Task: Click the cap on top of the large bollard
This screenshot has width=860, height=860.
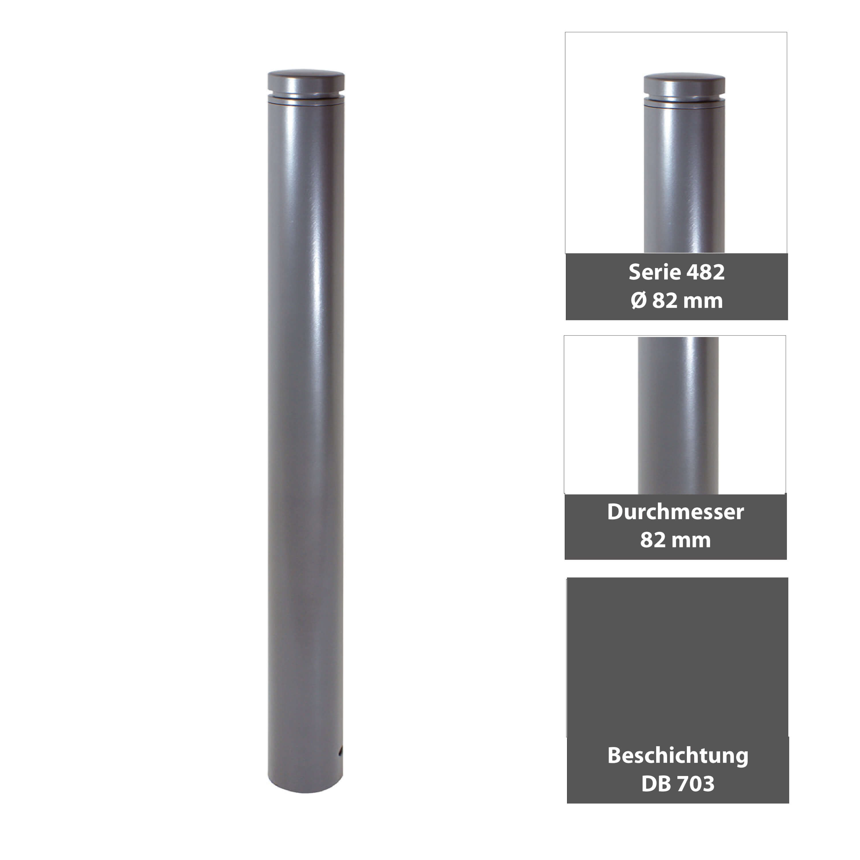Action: [x=306, y=81]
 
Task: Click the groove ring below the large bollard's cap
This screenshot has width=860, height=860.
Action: [x=306, y=96]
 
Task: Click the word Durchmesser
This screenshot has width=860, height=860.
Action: [x=675, y=512]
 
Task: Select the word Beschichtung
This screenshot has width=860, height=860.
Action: [x=677, y=755]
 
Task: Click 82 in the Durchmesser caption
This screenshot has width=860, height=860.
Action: [x=652, y=540]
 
